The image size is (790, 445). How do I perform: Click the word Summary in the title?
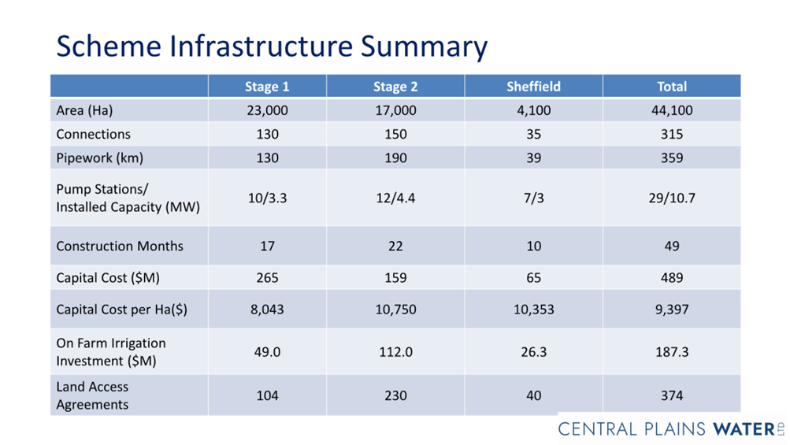424,47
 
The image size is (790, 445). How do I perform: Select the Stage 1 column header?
267,87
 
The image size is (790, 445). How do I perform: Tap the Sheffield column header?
533,87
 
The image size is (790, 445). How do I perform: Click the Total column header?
672,87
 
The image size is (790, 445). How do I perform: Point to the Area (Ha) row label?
84,110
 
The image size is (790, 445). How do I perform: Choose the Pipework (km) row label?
100,158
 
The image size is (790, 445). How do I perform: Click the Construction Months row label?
120,246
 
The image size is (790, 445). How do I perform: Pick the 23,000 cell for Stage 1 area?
267,110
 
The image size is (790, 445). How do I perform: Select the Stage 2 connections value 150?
395,134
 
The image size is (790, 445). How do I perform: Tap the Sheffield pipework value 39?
533,158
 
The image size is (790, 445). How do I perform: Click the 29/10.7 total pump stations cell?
672,198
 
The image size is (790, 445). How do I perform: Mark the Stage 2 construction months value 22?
395,246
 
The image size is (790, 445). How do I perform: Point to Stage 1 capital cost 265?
267,278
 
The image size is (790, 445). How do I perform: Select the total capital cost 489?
672,278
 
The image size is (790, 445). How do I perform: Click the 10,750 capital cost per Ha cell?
395,310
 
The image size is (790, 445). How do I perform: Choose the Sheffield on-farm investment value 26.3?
533,352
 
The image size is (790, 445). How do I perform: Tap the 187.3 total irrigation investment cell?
672,352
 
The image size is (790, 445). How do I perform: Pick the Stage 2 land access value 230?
395,395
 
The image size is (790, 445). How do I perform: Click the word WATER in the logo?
744,429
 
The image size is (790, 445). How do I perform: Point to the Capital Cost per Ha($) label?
122,310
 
